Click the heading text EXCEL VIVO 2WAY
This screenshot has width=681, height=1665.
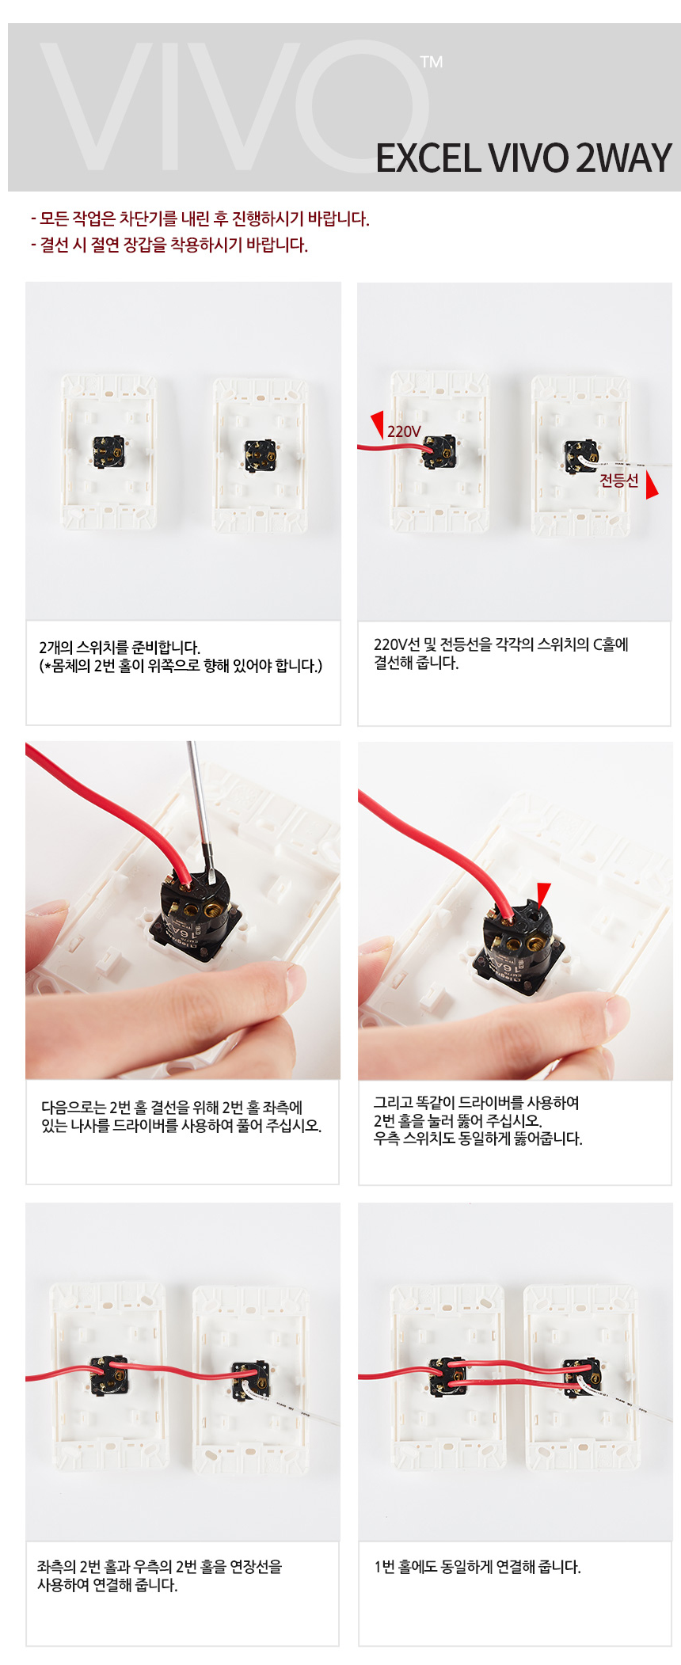pyautogui.click(x=523, y=158)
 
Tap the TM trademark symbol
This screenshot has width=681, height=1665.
pyautogui.click(x=432, y=62)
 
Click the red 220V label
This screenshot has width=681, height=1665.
pyautogui.click(x=404, y=431)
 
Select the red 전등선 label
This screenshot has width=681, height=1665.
pyautogui.click(x=618, y=480)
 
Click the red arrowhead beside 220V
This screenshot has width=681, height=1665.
pyautogui.click(x=379, y=423)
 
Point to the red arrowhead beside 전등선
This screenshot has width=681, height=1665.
pyautogui.click(x=651, y=485)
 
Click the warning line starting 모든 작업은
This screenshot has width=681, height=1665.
pyautogui.click(x=200, y=219)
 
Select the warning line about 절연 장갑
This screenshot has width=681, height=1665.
pyautogui.click(x=169, y=245)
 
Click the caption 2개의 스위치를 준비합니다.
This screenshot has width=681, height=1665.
pyautogui.click(x=120, y=647)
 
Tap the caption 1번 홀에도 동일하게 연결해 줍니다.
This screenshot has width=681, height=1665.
pyautogui.click(x=477, y=1567)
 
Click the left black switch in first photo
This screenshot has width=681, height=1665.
pyautogui.click(x=108, y=452)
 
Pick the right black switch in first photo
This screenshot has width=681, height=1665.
pyautogui.click(x=261, y=456)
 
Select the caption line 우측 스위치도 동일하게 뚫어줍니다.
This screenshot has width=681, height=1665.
pyautogui.click(x=477, y=1139)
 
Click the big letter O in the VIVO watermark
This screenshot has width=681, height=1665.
pyautogui.click(x=369, y=106)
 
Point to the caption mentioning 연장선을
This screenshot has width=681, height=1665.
pyautogui.click(x=159, y=1576)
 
